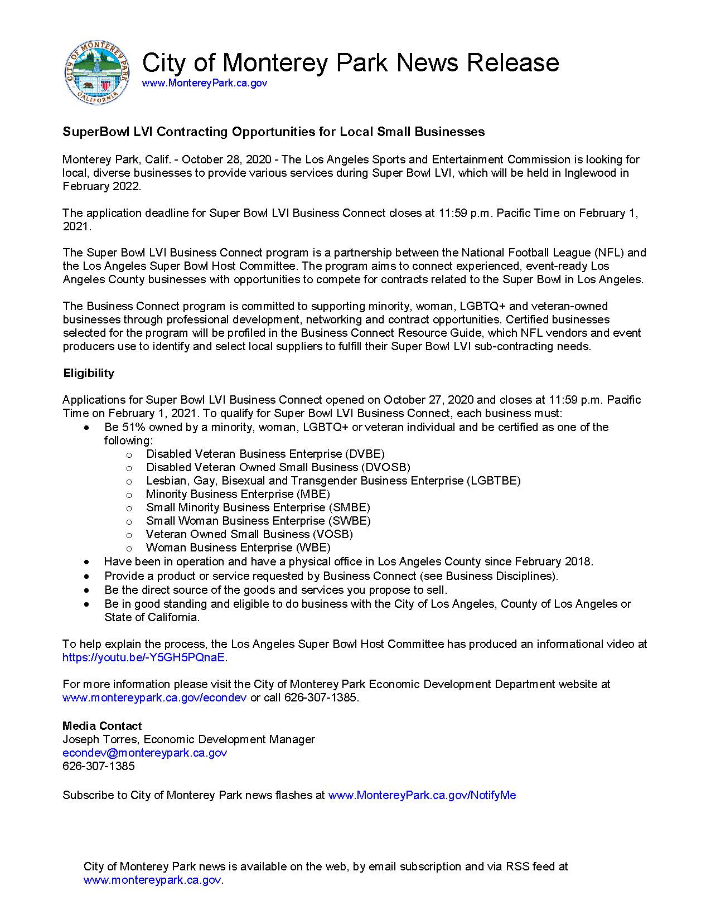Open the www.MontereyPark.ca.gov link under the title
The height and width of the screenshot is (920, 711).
(204, 83)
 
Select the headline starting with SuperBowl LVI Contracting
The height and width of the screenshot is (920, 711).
(273, 132)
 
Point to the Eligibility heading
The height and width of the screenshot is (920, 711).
(89, 373)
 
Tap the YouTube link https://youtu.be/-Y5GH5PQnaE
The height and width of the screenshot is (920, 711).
(144, 657)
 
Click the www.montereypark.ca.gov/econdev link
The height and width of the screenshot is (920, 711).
(154, 698)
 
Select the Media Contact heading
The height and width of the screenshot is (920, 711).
(102, 726)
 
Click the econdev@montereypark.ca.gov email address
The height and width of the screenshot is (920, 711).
(144, 753)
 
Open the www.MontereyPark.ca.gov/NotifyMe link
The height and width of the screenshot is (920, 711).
(422, 795)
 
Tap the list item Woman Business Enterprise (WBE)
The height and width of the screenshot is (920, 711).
(238, 548)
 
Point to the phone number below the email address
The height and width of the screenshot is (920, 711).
(99, 766)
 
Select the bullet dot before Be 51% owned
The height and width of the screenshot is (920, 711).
(86, 428)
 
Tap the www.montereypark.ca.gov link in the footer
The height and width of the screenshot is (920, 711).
(152, 880)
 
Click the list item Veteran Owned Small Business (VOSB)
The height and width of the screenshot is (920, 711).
(249, 534)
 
